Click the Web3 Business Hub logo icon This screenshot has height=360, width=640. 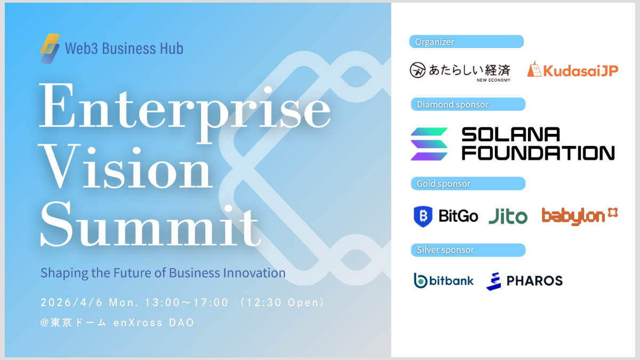50,49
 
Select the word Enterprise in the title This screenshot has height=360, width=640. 185,111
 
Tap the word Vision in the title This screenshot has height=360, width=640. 126,166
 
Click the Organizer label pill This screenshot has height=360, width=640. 466,42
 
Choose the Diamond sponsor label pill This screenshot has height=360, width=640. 468,105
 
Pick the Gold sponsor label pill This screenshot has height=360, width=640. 468,183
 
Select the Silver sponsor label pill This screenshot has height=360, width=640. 468,250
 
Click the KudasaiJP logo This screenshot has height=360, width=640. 573,70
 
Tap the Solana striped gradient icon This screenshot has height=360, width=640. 429,144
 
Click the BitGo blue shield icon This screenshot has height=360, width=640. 423,217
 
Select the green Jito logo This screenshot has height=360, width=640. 508,217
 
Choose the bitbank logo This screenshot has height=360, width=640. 444,281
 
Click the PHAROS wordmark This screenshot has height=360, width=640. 534,281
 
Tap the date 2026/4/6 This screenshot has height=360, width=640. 71,302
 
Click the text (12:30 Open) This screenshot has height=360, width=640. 282,302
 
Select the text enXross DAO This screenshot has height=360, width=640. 154,323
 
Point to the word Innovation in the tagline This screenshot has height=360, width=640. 254,273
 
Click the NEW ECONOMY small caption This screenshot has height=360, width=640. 493,81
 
